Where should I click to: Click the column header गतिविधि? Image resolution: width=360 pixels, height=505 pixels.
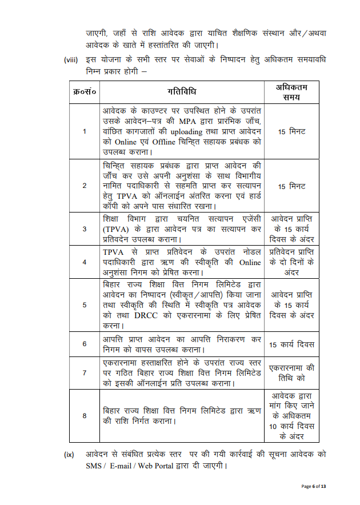pos(183,92)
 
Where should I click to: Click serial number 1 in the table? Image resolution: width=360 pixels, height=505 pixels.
pos(85,131)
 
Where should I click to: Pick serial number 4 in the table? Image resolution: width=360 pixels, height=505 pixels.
pos(85,262)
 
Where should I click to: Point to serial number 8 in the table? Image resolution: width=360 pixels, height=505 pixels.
pos(85,415)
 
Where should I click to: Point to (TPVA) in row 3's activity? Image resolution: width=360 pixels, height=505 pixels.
pos(117,229)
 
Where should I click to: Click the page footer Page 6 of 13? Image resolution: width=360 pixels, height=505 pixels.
pos(314,486)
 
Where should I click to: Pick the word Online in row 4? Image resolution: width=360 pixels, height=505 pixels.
pos(249,262)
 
